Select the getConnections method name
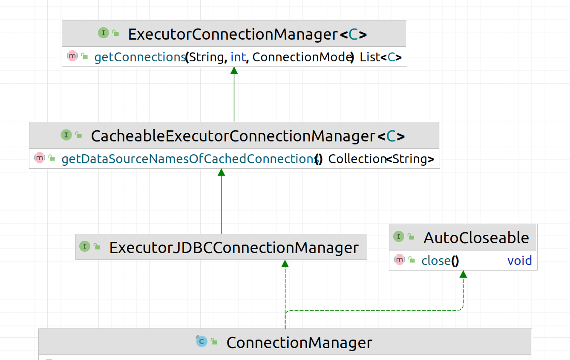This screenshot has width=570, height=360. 139,57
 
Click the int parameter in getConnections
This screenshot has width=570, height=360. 238,57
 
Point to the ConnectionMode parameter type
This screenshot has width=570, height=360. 302,57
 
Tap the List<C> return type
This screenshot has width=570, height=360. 380,57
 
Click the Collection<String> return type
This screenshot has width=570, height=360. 381,159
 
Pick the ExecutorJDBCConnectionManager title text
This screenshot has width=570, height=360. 234,248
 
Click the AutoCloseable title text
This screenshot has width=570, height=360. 476,238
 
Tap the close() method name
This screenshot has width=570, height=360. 440,260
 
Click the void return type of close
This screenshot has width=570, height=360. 519,260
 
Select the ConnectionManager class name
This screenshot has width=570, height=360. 299,343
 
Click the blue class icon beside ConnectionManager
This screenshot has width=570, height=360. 201,341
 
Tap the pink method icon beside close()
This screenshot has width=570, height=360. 399,259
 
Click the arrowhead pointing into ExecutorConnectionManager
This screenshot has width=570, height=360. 234,71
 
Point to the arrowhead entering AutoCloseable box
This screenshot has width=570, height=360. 463,274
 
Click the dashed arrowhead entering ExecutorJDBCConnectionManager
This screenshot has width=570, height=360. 285,264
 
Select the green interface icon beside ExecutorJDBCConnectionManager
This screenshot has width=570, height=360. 85,246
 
